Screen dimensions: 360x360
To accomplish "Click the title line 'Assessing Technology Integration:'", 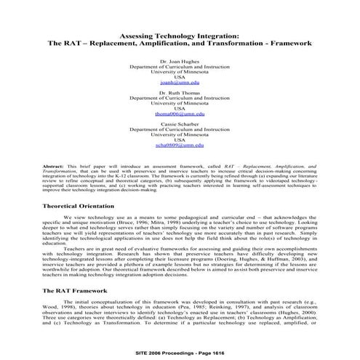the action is click(x=180, y=35).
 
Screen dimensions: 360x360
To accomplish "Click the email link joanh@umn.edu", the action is click(x=180, y=84).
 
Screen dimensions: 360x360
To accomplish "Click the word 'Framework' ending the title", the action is click(x=291, y=44).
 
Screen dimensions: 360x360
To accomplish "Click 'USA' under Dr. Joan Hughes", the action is click(x=180, y=78).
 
